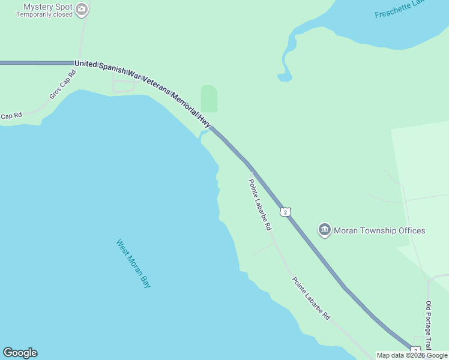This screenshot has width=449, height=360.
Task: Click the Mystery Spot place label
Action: (48, 7)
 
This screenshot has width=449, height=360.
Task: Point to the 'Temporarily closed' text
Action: (44, 15)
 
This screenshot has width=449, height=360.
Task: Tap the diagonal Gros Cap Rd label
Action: (63, 85)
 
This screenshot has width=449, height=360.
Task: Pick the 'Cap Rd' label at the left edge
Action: (11, 115)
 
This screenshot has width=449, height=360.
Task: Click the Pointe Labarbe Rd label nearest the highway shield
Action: (261, 205)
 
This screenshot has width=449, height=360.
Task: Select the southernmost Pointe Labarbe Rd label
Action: (311, 298)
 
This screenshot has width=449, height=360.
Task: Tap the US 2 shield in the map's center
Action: (286, 212)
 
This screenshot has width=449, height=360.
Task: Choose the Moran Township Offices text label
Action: (379, 230)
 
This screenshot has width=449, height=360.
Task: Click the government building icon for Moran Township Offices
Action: (325, 230)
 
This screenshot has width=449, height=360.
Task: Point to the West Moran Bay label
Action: (133, 263)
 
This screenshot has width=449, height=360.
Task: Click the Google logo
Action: (20, 353)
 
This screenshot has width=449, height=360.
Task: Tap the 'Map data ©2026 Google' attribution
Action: (412, 355)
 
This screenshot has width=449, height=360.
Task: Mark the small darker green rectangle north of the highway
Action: (208, 98)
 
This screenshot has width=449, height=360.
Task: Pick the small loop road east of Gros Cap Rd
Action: (124, 86)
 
